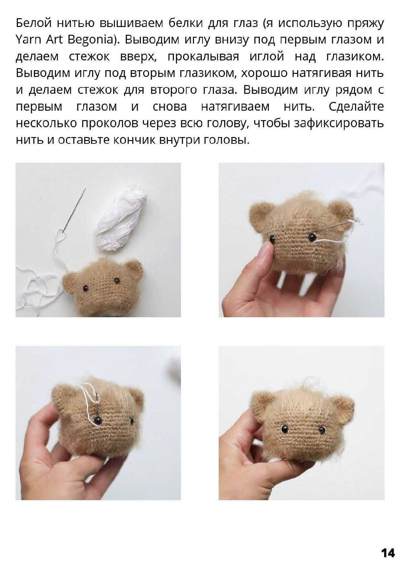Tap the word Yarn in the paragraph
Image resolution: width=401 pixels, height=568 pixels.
pos(28,40)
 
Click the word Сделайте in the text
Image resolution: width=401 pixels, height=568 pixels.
pos(356,107)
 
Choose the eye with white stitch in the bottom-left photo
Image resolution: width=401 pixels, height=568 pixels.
pos(97,421)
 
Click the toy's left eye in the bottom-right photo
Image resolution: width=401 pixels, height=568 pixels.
pos(285,429)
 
